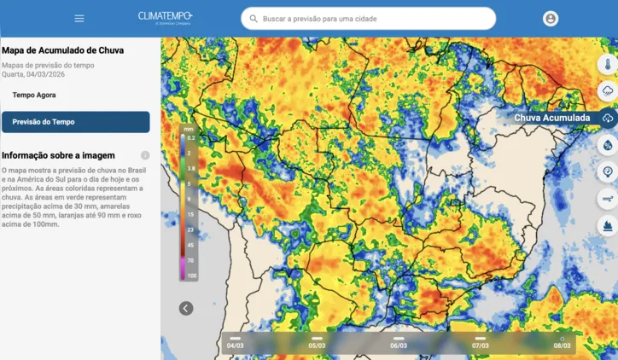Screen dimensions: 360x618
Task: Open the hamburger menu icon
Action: [x=79, y=18]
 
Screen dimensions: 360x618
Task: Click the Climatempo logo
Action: [x=166, y=17]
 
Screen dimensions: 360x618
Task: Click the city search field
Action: [x=376, y=18]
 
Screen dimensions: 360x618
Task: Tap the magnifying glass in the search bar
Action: [x=254, y=18]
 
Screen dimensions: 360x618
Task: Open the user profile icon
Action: [x=551, y=18]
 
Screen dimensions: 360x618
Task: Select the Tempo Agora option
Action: [x=34, y=95]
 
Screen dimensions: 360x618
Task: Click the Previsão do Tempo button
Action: [x=75, y=122]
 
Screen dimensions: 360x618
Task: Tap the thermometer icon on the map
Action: [x=608, y=63]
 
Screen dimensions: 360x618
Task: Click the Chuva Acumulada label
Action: [x=551, y=118]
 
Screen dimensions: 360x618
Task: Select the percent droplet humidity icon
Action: [x=608, y=144]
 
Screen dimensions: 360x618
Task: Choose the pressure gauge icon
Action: [x=608, y=171]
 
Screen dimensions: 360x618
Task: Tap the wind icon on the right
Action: [x=608, y=199]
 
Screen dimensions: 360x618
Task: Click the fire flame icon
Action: [x=608, y=226]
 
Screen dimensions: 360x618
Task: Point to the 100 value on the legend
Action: [x=192, y=276]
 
